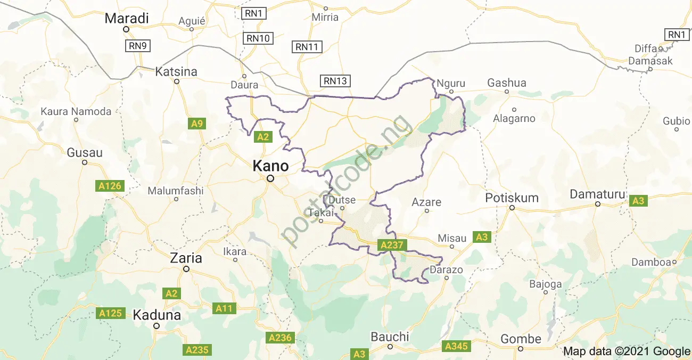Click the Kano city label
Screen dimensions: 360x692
[x=270, y=166]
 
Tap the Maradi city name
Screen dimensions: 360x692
[x=126, y=18]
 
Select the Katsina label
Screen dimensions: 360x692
[x=176, y=71]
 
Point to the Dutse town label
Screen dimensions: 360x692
[x=342, y=200]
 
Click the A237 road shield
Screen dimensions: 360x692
[x=392, y=246]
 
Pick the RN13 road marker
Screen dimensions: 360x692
[x=335, y=81]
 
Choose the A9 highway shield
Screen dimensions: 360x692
[x=197, y=124]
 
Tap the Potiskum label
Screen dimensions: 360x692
[x=512, y=198]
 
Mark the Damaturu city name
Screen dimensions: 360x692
[x=597, y=194]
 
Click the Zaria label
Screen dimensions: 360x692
[x=186, y=258]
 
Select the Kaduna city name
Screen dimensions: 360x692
[x=156, y=315]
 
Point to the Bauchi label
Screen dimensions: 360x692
[x=390, y=337]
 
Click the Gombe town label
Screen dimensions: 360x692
[x=521, y=339]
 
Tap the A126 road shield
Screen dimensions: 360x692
[x=111, y=186]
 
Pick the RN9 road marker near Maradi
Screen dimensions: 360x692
[x=137, y=46]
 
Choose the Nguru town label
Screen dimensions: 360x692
[x=450, y=84]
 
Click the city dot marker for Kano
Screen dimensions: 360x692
[x=270, y=179]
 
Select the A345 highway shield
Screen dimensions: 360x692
[x=456, y=347]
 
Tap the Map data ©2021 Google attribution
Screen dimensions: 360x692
[x=627, y=351]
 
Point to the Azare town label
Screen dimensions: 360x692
[x=426, y=202]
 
